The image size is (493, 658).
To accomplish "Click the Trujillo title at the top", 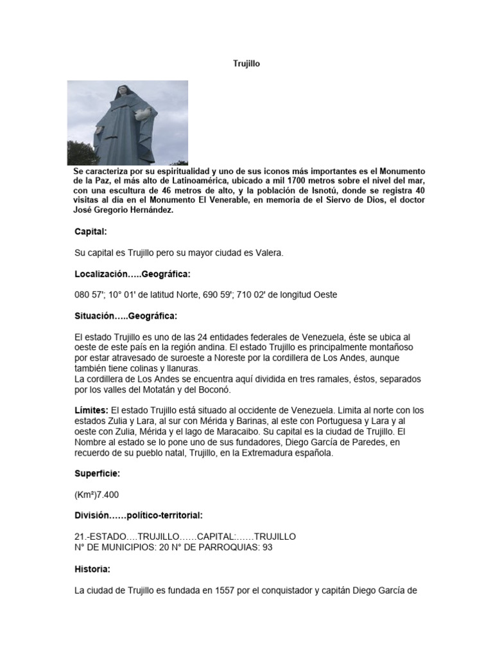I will (246, 64).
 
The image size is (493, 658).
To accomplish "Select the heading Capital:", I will (91, 231).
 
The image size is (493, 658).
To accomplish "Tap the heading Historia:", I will (92, 569).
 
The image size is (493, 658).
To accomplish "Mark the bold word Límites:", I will (92, 409).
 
